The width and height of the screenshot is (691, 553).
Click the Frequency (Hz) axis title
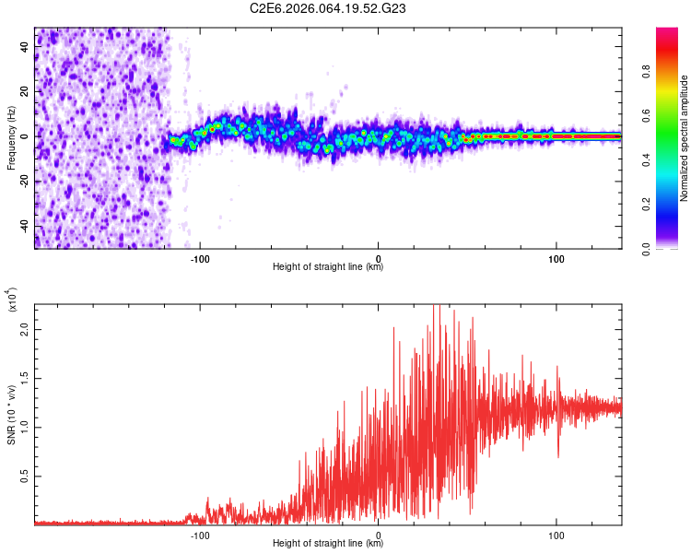(12, 138)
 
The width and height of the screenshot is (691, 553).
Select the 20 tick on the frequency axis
(25, 91)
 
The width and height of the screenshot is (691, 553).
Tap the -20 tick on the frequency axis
(25, 182)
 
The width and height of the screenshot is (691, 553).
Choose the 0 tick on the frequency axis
(25, 136)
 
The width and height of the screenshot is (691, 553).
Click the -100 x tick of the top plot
(200, 258)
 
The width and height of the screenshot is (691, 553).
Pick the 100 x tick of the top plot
(556, 258)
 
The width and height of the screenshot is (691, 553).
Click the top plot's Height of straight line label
(328, 268)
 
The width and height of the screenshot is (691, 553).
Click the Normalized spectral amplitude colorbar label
(685, 138)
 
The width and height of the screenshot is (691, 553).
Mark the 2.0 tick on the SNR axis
(24, 329)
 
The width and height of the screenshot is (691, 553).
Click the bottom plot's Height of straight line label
(328, 545)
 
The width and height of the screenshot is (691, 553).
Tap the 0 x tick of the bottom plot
(379, 535)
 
